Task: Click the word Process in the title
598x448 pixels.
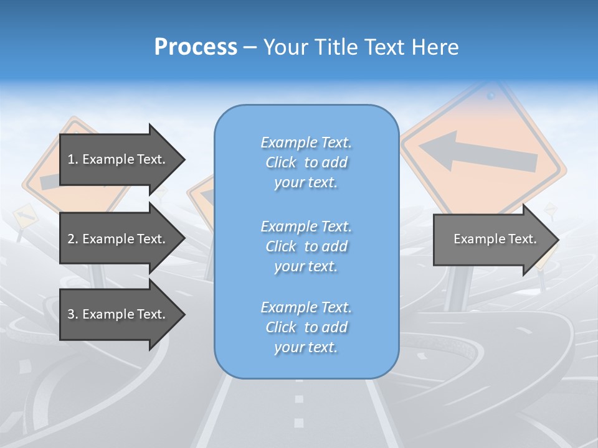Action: click(196, 47)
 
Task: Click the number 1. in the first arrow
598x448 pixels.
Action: click(73, 159)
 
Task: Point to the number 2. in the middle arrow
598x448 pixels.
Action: click(73, 239)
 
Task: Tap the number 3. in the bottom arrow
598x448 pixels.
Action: click(73, 314)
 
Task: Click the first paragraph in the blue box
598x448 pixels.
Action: click(306, 162)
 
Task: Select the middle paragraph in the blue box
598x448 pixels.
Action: click(306, 246)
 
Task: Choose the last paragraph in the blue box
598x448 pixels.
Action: click(306, 327)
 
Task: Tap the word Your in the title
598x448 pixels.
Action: click(287, 47)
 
